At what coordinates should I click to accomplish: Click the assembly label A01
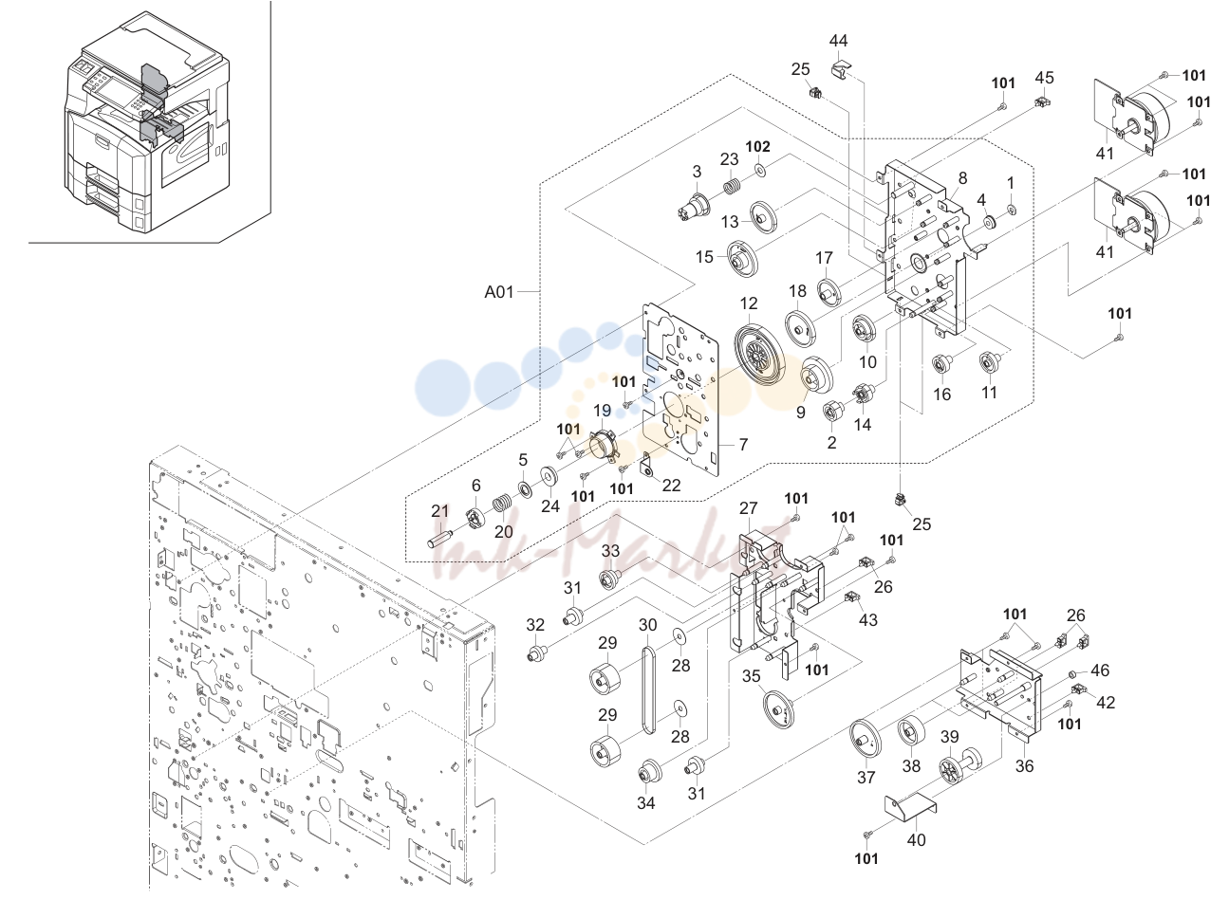point(499,292)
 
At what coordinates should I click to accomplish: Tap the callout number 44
point(838,41)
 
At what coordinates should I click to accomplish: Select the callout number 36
point(1024,765)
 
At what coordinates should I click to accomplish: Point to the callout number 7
point(743,445)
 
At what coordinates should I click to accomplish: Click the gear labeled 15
point(742,258)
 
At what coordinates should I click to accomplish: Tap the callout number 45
point(1045,77)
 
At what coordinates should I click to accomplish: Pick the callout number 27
point(749,508)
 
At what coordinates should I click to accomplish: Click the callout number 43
point(868,620)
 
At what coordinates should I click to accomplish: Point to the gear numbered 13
point(762,219)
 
